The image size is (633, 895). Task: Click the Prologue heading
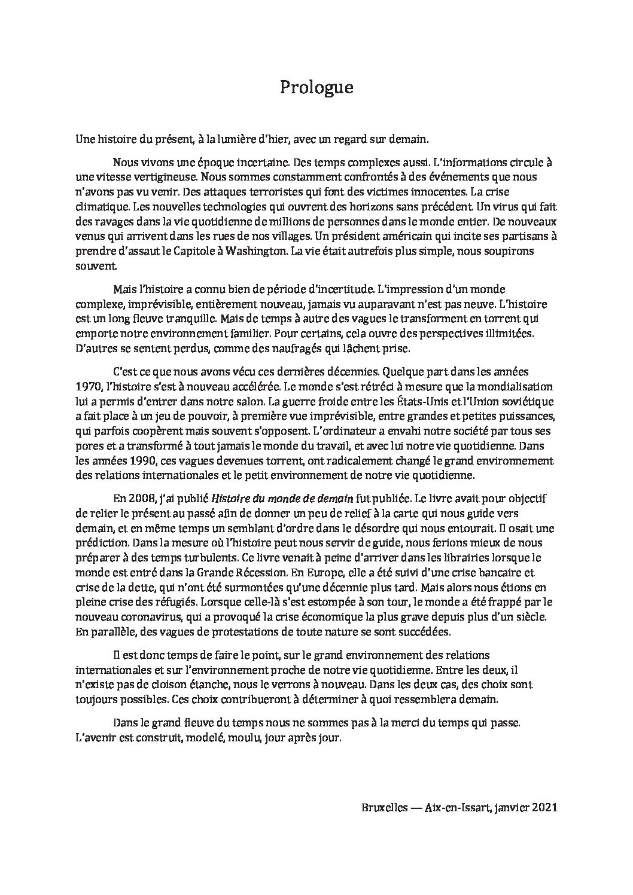coord(316,88)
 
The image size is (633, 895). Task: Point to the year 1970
coord(87,386)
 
